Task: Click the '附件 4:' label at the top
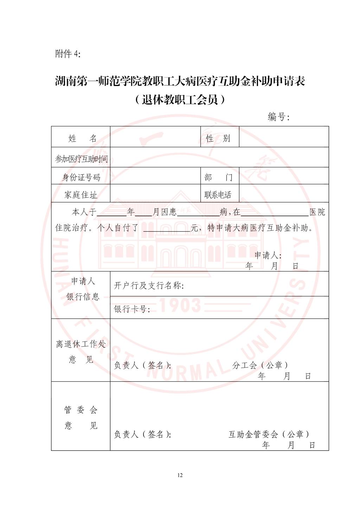[x=67, y=54]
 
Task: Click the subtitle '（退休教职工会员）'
[x=180, y=100]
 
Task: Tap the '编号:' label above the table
[x=278, y=117]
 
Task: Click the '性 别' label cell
[x=218, y=138]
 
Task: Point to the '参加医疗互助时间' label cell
[x=81, y=159]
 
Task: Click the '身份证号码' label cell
[x=81, y=177]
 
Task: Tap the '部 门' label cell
[x=218, y=177]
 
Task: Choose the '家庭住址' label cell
[x=81, y=194]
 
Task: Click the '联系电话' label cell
[x=218, y=194]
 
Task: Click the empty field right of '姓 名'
[x=155, y=137]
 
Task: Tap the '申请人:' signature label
[x=268, y=255]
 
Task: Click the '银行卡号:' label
[x=132, y=309]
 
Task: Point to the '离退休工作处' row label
[x=81, y=344]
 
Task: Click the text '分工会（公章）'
[x=261, y=365]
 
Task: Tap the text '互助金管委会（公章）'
[x=269, y=434]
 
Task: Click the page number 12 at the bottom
[x=180, y=475]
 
